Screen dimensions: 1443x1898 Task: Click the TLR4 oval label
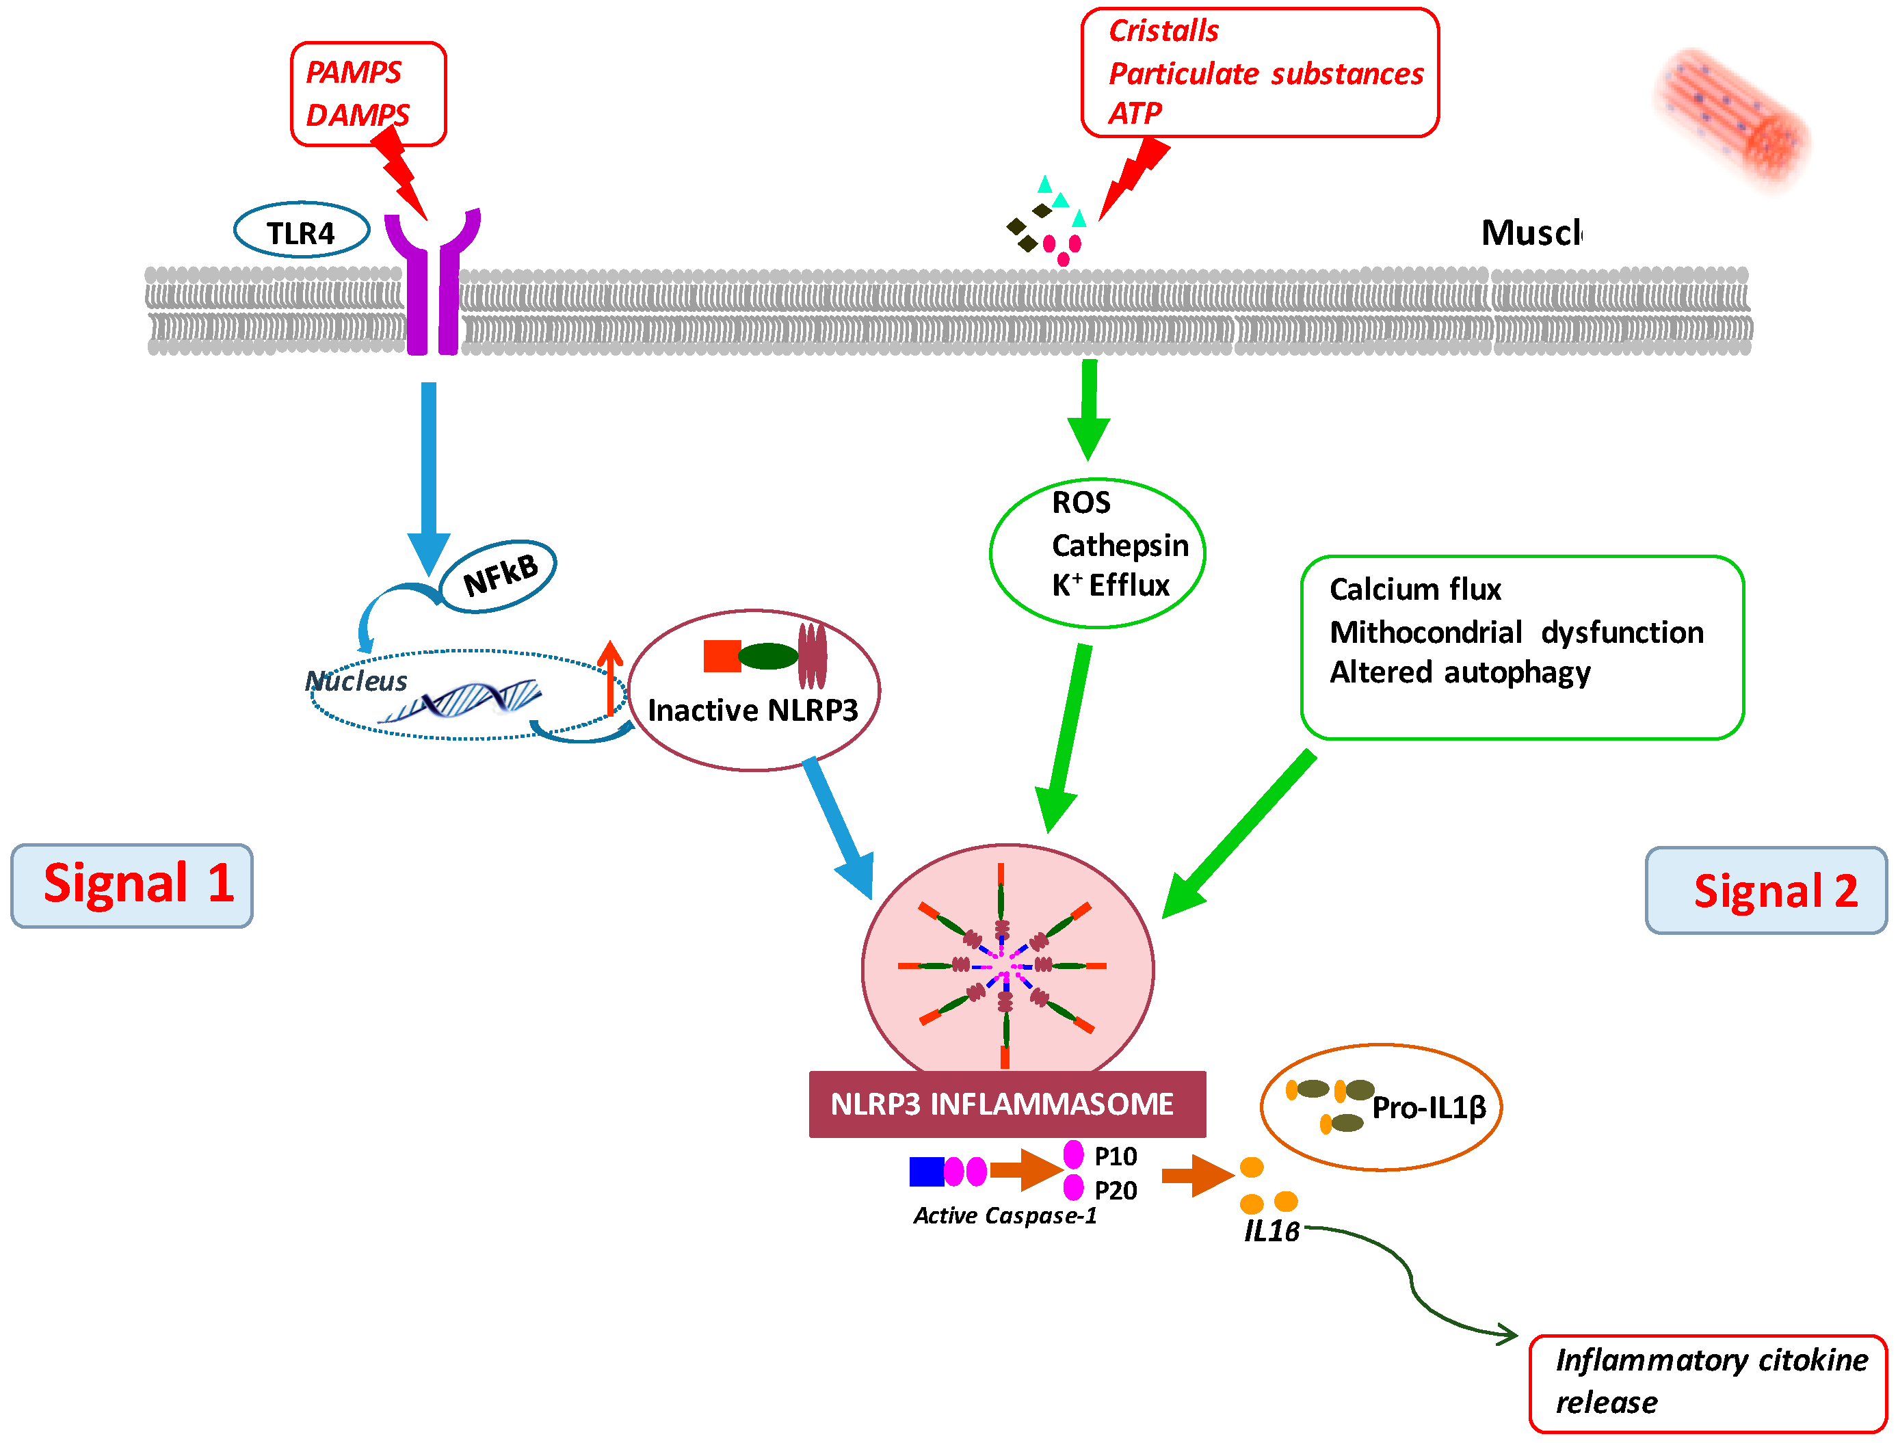pyautogui.click(x=302, y=231)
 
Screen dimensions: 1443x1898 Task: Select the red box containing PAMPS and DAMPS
pyautogui.click(x=369, y=94)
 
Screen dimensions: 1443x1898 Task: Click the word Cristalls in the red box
pyautogui.click(x=1163, y=31)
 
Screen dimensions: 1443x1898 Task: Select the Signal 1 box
pyautogui.click(x=132, y=885)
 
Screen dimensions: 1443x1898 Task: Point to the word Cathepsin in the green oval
pyautogui.click(x=1119, y=546)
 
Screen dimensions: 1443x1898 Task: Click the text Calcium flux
pyautogui.click(x=1414, y=590)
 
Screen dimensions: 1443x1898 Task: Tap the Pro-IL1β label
pyautogui.click(x=1428, y=1108)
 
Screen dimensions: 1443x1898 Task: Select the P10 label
pyautogui.click(x=1115, y=1156)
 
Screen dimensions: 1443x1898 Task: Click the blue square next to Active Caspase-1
pyautogui.click(x=926, y=1171)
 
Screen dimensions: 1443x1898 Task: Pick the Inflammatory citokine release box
pyautogui.click(x=1707, y=1382)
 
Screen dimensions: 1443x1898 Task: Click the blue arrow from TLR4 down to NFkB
pyautogui.click(x=429, y=473)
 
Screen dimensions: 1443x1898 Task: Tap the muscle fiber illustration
pyautogui.click(x=1733, y=116)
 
